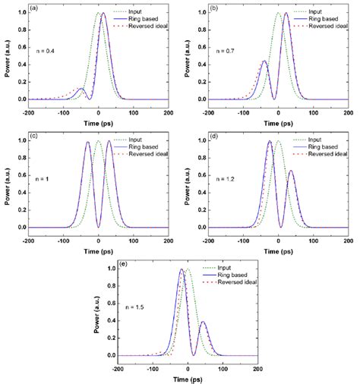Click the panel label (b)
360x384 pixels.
coord(211,11)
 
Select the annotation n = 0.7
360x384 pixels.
coord(221,51)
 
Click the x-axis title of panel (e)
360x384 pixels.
coord(187,378)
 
